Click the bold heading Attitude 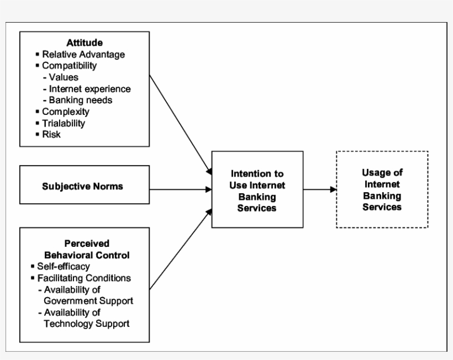tap(85, 43)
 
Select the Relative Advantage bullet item tap(83, 55)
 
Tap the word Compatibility tap(69, 66)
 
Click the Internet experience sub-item tap(89, 88)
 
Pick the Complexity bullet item tap(65, 112)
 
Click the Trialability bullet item tap(64, 123)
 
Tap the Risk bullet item tap(51, 134)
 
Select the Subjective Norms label tap(82, 186)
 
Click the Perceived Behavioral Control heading tap(86, 250)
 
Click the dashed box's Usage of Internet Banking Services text tap(382, 189)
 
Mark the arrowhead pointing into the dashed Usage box tap(333, 189)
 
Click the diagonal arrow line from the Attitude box tap(180, 121)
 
